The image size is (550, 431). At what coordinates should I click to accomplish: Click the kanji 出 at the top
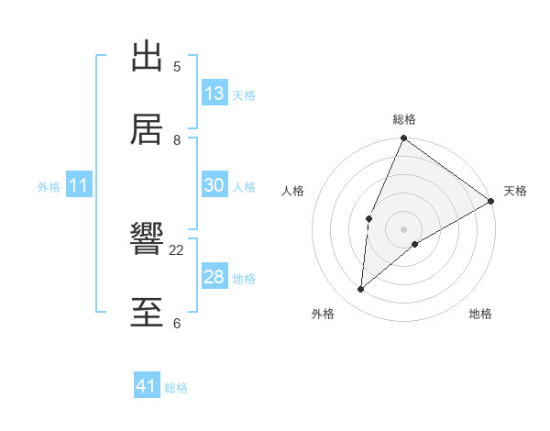(x=148, y=57)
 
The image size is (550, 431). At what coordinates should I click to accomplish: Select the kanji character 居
(x=148, y=129)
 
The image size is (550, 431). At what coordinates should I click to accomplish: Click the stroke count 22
(x=177, y=249)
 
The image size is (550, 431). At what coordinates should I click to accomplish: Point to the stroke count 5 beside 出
(x=177, y=66)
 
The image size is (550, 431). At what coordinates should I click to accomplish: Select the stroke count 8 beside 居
(x=177, y=139)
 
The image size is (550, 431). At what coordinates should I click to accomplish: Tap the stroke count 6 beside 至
(x=177, y=323)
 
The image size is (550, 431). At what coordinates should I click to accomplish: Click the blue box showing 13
(x=214, y=94)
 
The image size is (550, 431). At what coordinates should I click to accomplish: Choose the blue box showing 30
(x=214, y=185)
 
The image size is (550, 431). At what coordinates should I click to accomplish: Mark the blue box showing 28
(x=214, y=277)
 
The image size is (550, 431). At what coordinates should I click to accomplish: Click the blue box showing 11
(x=79, y=185)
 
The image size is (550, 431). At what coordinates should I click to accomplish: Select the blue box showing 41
(x=147, y=386)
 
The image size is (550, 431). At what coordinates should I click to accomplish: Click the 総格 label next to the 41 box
(x=176, y=388)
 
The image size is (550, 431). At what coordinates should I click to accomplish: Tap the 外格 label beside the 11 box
(x=49, y=187)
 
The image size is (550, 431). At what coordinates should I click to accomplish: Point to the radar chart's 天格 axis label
(x=515, y=191)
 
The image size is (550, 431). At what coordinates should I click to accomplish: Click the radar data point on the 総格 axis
(x=403, y=138)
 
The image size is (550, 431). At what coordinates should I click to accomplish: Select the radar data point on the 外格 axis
(x=361, y=290)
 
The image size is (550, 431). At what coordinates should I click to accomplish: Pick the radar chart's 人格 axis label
(x=293, y=191)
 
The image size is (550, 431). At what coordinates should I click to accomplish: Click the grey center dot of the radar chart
(x=403, y=228)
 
